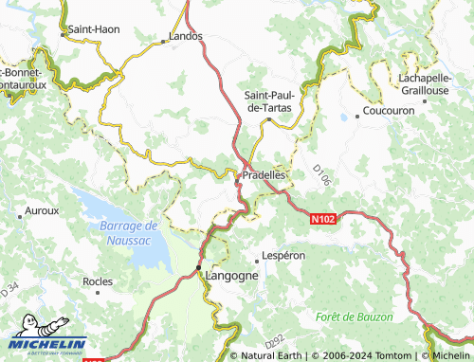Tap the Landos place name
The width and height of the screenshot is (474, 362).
pyautogui.click(x=185, y=37)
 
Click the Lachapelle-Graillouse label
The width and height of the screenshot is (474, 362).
pyautogui.click(x=428, y=83)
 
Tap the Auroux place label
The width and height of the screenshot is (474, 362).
pyautogui.click(x=42, y=209)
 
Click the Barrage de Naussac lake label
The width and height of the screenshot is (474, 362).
pyautogui.click(x=128, y=233)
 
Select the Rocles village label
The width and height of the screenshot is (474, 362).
pyautogui.click(x=98, y=281)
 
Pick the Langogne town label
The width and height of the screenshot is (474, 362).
pyautogui.click(x=232, y=275)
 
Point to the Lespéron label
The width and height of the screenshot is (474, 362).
pyautogui.click(x=285, y=257)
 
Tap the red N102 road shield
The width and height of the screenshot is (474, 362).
pyautogui.click(x=323, y=219)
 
